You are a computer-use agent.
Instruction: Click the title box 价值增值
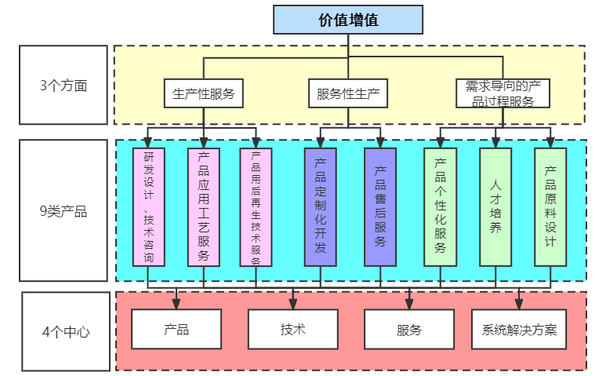[347, 20]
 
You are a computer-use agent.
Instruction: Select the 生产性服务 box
[203, 93]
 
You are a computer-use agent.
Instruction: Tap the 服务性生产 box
[347, 93]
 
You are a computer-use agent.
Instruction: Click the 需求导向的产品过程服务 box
[503, 93]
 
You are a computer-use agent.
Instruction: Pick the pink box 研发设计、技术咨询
[149, 206]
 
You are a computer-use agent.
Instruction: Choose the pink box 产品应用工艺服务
[204, 206]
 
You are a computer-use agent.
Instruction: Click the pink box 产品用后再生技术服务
[256, 206]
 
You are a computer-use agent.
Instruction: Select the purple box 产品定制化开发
[320, 206]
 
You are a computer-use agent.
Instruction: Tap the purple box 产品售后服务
[380, 206]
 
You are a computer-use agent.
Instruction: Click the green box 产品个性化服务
[440, 206]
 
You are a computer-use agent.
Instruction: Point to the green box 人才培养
[495, 206]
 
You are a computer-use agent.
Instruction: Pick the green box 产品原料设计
[550, 206]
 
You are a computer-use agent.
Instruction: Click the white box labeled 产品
[176, 329]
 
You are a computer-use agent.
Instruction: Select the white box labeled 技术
[292, 329]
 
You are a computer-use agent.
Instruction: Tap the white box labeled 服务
[409, 329]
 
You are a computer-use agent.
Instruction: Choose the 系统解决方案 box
[518, 329]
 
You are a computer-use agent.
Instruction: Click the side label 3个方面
[63, 85]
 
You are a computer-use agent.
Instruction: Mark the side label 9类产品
[63, 210]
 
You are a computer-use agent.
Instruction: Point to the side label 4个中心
[65, 331]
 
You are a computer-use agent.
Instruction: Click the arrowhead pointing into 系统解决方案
[518, 304]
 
